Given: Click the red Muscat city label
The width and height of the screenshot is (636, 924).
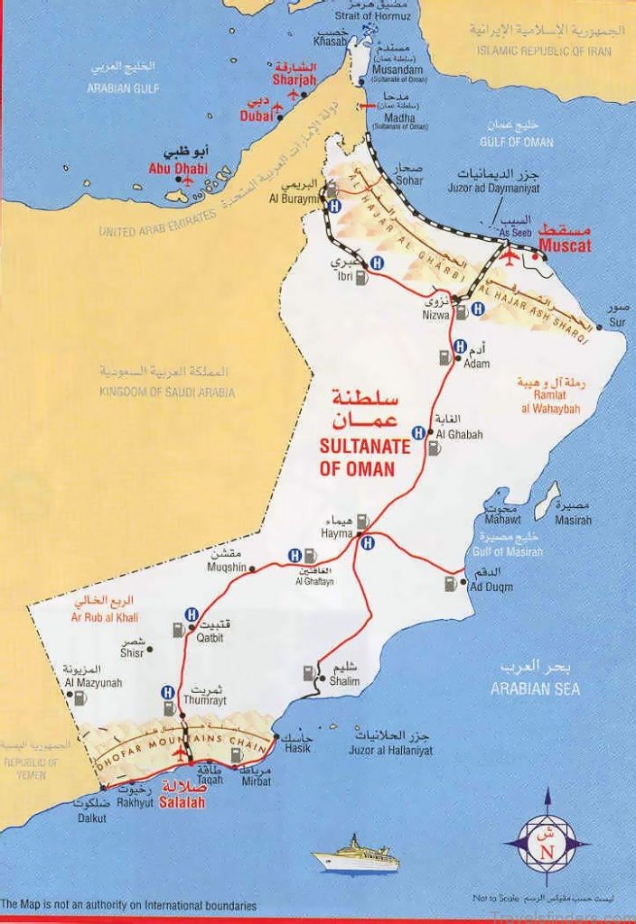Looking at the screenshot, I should [x=565, y=245].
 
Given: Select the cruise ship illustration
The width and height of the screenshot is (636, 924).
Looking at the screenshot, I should [x=357, y=855].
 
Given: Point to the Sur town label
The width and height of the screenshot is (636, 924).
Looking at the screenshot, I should [x=618, y=322].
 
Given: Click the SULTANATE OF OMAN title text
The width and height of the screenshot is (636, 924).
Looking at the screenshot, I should [x=357, y=457].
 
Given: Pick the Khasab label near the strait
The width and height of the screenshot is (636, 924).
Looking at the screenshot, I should [x=330, y=42].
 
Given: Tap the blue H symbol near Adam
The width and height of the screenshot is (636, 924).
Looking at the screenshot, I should [x=460, y=346].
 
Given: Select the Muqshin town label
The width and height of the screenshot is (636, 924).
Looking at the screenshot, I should [x=227, y=568].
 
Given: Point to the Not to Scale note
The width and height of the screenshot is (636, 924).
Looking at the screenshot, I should [x=497, y=900].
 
